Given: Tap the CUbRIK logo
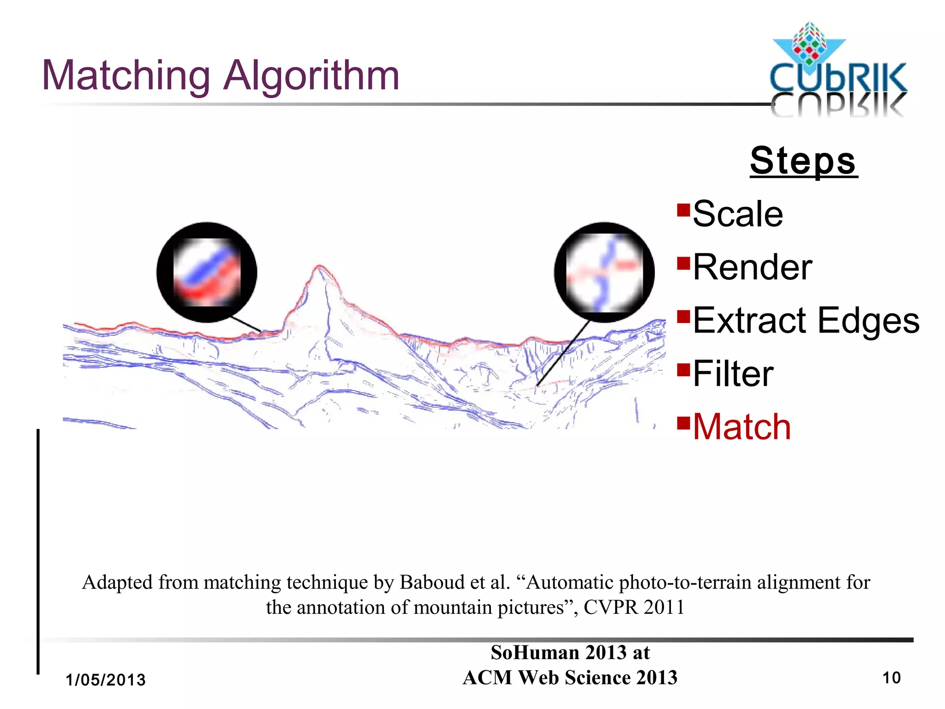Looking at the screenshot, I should coord(837,69).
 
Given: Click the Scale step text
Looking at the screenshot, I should coord(738,214).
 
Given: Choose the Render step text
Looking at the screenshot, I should coord(752,267).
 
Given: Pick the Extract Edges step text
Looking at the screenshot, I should coord(806,320).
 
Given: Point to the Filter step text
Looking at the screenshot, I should coord(733,373).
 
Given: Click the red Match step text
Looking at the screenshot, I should coord(742,427).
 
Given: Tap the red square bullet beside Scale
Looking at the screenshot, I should coord(683,210).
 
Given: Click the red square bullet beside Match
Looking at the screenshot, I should coord(683,422).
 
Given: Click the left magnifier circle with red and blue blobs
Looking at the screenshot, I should coord(207,272).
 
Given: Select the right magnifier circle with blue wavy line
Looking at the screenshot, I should coord(604,272).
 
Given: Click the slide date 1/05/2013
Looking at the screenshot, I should coord(106,680).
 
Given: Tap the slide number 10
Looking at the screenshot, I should coord(891,678).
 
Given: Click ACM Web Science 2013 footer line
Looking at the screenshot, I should coord(570,678).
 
